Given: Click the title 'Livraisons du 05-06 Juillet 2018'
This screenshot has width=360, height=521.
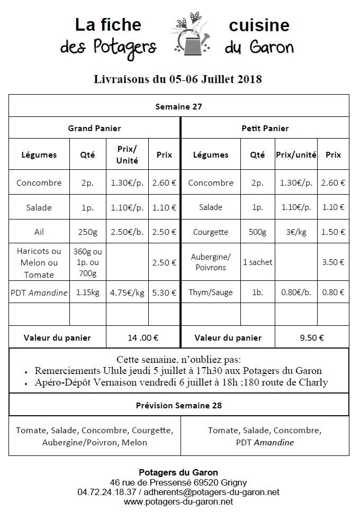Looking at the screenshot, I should [178, 79].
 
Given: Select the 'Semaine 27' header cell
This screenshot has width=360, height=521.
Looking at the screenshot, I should [178, 106].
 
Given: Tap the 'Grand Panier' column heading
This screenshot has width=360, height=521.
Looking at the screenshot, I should [94, 128].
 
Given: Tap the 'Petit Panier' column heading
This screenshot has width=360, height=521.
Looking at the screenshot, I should [265, 128].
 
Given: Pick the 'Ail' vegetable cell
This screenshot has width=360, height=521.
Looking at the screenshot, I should [39, 232].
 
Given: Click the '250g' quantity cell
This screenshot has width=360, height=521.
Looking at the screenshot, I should [87, 232].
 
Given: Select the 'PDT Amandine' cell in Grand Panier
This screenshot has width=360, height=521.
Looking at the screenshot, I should [39, 293].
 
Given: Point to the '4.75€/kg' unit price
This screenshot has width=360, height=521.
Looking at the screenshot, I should [127, 293].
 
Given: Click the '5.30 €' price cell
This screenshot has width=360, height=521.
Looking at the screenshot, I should [164, 293].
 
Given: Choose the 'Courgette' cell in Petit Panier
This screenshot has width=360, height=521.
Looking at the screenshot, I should [211, 232].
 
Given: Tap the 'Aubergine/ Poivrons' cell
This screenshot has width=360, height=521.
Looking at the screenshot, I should [211, 262].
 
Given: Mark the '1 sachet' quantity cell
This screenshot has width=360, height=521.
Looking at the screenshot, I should [257, 262].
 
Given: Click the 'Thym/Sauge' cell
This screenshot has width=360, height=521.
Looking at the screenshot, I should [211, 293].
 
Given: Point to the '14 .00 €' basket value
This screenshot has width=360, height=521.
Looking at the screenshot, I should [143, 337].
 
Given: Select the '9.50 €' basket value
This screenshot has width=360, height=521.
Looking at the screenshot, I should [312, 337].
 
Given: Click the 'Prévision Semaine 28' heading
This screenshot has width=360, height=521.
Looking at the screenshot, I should [178, 406].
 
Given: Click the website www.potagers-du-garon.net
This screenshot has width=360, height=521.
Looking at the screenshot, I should [178, 501].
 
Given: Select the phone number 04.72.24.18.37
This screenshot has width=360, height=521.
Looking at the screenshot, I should [106, 492].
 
